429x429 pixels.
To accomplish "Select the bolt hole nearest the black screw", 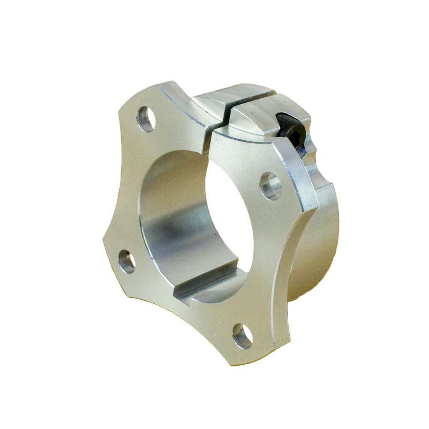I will click(271, 186).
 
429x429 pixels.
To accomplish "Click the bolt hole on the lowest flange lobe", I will click(242, 336).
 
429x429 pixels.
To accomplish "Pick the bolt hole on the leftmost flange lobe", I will click(127, 261).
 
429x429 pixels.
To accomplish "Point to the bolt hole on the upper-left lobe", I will click(145, 119).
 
